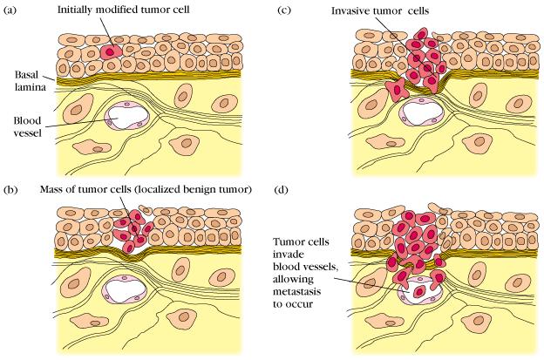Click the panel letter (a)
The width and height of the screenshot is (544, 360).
10,10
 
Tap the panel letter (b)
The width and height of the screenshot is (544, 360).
10,190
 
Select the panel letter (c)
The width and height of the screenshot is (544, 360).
284,10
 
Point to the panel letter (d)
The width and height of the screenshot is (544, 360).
281,190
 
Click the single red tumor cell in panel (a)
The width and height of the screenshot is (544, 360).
111,52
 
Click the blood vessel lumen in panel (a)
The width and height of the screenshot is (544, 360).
126,117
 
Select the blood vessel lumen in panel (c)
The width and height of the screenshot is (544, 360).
421,113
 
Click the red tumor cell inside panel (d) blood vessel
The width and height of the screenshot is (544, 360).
419,292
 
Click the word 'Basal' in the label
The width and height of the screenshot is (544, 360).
26,75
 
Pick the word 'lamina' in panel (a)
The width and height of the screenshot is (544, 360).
31,86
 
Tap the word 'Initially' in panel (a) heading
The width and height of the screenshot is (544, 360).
72,10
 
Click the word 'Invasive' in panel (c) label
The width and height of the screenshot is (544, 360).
350,10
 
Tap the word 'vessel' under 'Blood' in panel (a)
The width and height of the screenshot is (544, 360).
27,132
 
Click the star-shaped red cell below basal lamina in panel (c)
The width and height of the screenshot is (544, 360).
398,91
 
